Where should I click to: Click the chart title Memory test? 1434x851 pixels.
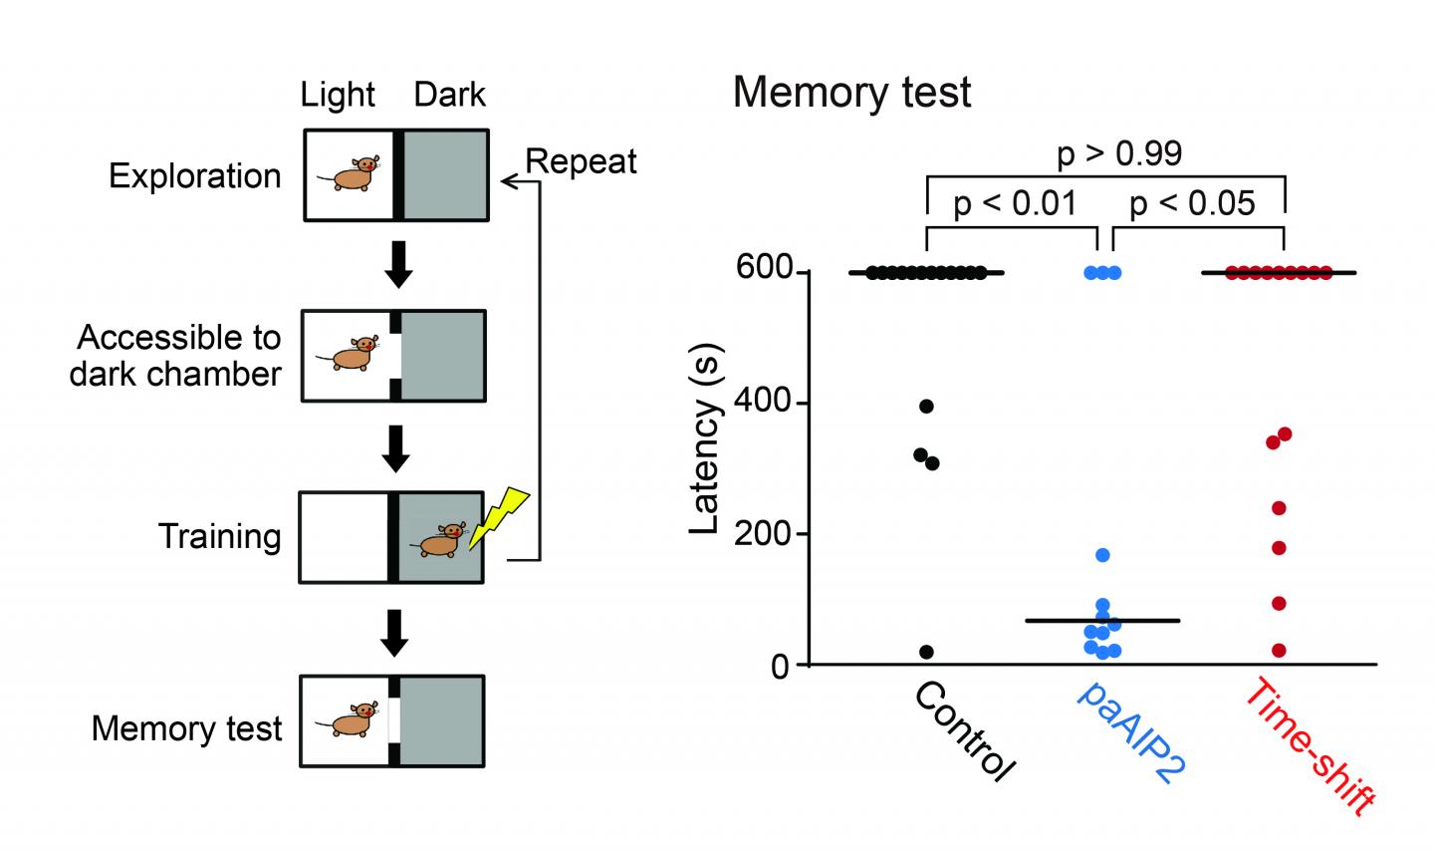tap(851, 93)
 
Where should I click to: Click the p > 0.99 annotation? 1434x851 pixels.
tap(1119, 153)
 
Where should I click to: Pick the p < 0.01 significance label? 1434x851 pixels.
tap(1015, 204)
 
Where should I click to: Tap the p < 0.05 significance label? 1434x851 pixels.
tap(1192, 204)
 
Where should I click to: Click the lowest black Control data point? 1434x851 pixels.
tap(926, 652)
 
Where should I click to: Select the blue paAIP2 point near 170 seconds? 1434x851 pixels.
tap(1102, 555)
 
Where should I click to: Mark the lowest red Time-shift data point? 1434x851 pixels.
tap(1279, 651)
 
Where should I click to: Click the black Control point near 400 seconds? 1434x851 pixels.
tap(926, 406)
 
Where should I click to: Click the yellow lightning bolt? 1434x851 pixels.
tap(498, 516)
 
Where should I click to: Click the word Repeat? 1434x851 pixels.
tap(581, 161)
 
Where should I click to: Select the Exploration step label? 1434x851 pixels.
tap(195, 176)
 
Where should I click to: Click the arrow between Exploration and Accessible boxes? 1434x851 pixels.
tap(398, 264)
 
